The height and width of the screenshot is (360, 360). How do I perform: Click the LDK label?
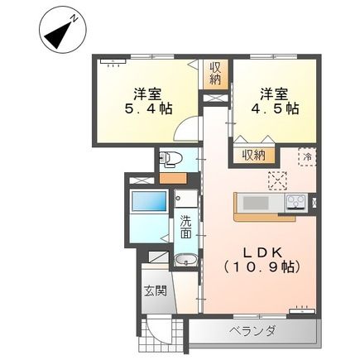pyautogui.click(x=257, y=252)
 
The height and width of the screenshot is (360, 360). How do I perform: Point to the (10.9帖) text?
pyautogui.click(x=262, y=269)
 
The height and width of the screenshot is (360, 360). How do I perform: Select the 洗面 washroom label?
pyautogui.click(x=187, y=227)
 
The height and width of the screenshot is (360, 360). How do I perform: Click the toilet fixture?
pyautogui.click(x=169, y=159)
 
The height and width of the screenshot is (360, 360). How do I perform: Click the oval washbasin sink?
pyautogui.click(x=185, y=262)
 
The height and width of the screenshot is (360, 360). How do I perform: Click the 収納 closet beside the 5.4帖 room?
pyautogui.click(x=215, y=74)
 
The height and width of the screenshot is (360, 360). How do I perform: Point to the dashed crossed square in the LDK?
pyautogui.click(x=276, y=180)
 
